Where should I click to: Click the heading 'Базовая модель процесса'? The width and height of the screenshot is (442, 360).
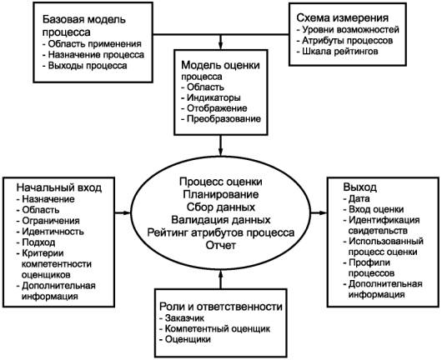(84, 26)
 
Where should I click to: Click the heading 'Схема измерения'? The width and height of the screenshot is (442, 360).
(343, 17)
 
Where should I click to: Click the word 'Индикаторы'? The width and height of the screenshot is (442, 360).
(213, 97)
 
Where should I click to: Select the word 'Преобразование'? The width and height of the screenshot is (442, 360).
(224, 119)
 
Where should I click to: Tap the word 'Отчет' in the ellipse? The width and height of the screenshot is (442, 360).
(221, 245)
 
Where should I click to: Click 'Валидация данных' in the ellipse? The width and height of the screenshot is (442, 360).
(221, 220)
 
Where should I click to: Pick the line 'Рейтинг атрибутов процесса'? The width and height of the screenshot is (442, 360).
(221, 232)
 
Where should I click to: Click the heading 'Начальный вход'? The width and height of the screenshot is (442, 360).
(59, 187)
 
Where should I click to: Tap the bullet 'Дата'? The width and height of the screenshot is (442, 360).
(356, 199)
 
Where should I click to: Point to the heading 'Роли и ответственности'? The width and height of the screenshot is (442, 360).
(221, 307)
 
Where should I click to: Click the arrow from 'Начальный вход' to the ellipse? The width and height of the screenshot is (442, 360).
(123, 212)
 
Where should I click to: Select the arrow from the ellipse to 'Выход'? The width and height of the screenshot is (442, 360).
(319, 212)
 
